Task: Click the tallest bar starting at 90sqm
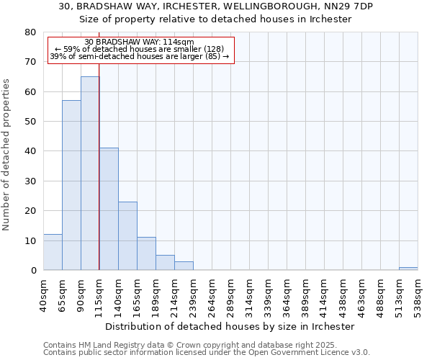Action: (x=90, y=173)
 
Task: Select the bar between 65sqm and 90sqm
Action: (x=71, y=185)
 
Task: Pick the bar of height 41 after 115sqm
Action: (x=109, y=209)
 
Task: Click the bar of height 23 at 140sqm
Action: (x=127, y=236)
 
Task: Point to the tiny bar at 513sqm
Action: (x=408, y=269)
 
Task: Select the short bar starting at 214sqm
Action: (x=184, y=266)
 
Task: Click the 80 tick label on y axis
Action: (x=30, y=32)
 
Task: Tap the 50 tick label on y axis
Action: (x=30, y=122)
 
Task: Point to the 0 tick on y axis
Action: (x=33, y=270)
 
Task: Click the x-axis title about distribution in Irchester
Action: (x=230, y=326)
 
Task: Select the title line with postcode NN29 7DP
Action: (x=215, y=6)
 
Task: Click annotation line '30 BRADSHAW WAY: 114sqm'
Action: (x=139, y=42)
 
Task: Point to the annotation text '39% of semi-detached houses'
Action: (x=139, y=56)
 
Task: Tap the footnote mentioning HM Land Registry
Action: (x=186, y=345)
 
